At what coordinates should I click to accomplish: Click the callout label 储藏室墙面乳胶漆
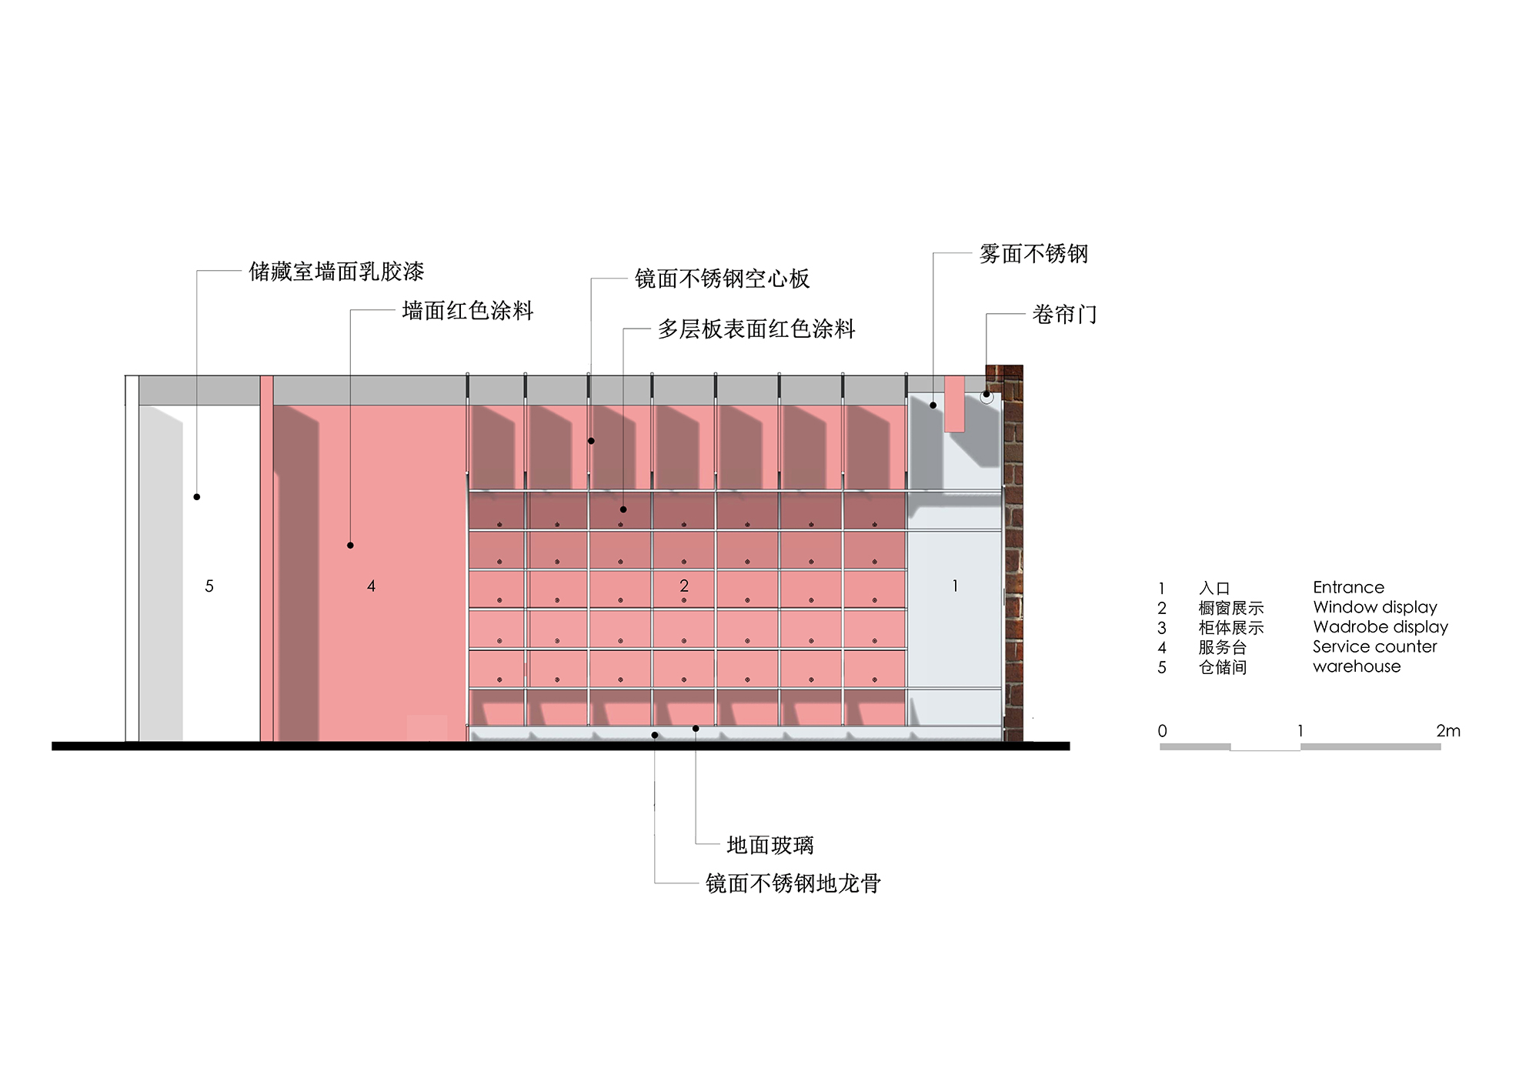pos(336,272)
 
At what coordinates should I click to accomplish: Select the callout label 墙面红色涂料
pos(467,311)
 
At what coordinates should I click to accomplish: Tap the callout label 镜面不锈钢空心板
pos(722,279)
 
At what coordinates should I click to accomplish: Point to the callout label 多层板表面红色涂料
pos(756,329)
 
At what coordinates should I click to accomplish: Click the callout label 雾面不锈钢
pos(1033,254)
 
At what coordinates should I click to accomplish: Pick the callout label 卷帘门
pos(1064,315)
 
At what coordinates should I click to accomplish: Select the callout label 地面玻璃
pos(770,846)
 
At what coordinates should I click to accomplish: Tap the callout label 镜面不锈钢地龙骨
pos(793,883)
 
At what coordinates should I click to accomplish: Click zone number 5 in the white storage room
pos(209,586)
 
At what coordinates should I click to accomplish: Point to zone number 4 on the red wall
pos(371,586)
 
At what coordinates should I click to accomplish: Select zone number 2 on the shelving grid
pos(684,586)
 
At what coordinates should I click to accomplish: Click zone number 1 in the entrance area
pos(955,586)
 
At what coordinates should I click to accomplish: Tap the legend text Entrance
pos(1348,588)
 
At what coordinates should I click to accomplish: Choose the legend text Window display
pos(1375,608)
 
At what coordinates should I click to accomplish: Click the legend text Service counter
pos(1374,647)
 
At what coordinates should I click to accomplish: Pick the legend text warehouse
pos(1357,667)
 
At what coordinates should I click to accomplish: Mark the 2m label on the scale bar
pos(1447,731)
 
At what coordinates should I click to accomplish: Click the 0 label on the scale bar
pos(1162,731)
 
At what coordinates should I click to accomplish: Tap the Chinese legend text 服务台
pos(1222,648)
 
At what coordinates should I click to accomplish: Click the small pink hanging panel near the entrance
pos(954,403)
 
